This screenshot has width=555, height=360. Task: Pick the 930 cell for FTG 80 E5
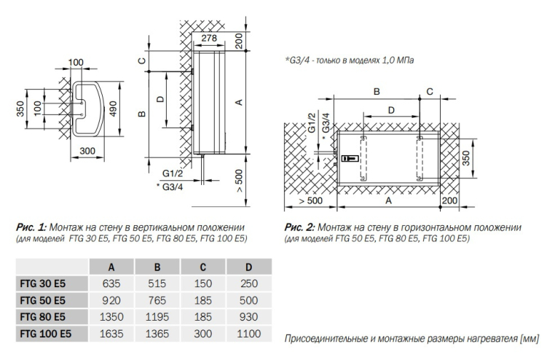click(248, 317)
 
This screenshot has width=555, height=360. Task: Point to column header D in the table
click(248, 267)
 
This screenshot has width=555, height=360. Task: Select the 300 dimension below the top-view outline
click(87, 150)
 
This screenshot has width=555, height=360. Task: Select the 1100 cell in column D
click(248, 334)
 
